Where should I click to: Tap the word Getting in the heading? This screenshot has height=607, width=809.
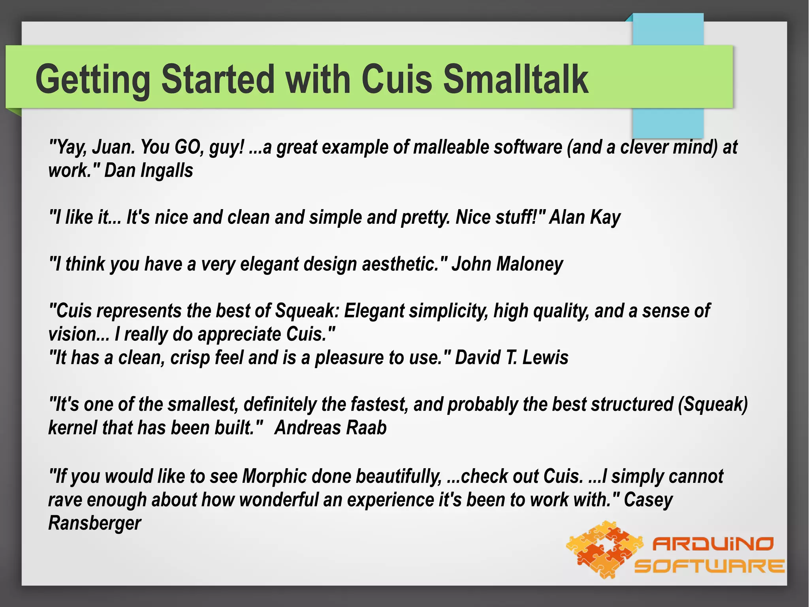(93, 80)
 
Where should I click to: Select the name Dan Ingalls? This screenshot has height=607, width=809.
(149, 171)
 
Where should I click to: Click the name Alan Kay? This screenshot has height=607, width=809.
(585, 217)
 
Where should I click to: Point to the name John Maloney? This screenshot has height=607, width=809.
(507, 264)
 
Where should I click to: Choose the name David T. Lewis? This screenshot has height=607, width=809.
(512, 357)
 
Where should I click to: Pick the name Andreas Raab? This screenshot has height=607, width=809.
(330, 428)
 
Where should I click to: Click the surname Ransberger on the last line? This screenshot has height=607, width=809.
(94, 523)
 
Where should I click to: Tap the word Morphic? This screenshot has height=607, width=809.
(274, 476)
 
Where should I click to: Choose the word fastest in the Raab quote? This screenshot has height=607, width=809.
(379, 405)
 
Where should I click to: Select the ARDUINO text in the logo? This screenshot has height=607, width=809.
(713, 544)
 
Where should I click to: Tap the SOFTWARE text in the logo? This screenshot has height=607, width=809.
(709, 566)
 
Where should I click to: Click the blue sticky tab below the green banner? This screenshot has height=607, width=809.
(668, 122)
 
